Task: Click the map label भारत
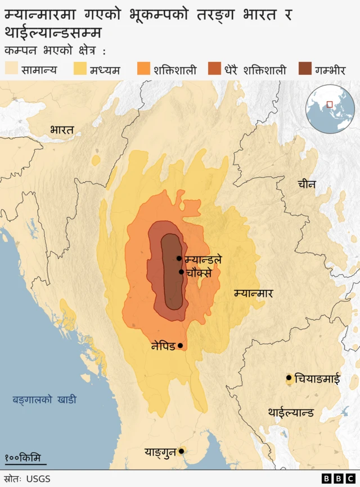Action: [x=61, y=130]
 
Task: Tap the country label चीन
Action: [x=307, y=184]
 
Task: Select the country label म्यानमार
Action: [x=253, y=293]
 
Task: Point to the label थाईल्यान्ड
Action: [x=291, y=412]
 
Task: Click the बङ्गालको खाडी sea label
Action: [x=44, y=400]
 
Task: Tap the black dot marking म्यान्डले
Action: [x=179, y=259]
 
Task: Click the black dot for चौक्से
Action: [x=181, y=272]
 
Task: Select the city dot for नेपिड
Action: [x=180, y=346]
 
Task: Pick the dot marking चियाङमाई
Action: [x=289, y=378]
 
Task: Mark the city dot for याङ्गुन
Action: [x=181, y=451]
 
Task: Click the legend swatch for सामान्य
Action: [x=12, y=69]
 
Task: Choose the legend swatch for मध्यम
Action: [x=81, y=69]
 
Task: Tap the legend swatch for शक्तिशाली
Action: [x=145, y=69]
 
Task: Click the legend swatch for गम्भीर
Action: [x=305, y=69]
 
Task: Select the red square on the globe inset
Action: [x=330, y=103]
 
